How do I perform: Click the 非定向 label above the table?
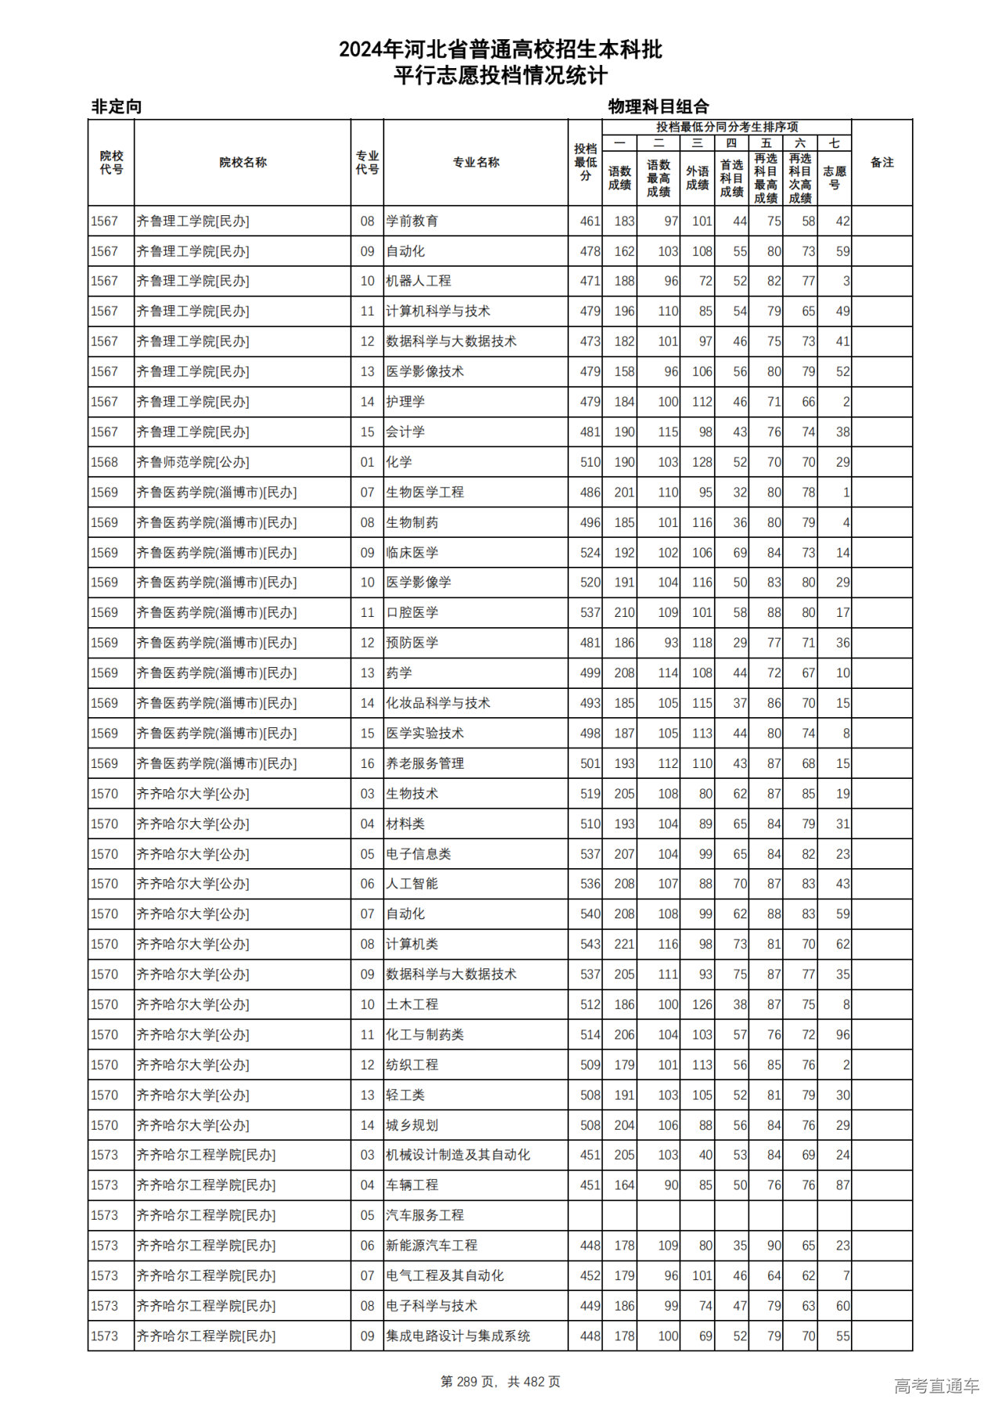coord(117,106)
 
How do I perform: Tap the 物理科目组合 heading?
coord(658,106)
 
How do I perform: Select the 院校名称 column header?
coord(243,163)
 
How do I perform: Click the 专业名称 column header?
coord(475,163)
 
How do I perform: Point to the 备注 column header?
coord(881,163)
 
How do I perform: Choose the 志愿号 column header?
coord(834,178)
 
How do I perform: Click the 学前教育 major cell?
coord(412,222)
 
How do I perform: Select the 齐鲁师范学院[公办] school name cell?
coord(193,463)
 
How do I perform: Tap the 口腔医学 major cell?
coord(412,613)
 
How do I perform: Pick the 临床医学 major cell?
coord(412,553)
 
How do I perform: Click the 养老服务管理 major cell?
coord(425,764)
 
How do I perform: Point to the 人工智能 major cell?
coord(412,884)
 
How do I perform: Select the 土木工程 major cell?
coord(412,1004)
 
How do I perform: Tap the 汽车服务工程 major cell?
coord(425,1216)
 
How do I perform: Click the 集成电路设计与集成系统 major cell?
coord(458,1336)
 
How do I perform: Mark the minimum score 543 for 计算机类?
coord(589,945)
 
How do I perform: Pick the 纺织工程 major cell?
coord(412,1065)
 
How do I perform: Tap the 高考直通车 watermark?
coord(936,1386)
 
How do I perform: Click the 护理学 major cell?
coord(405,402)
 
